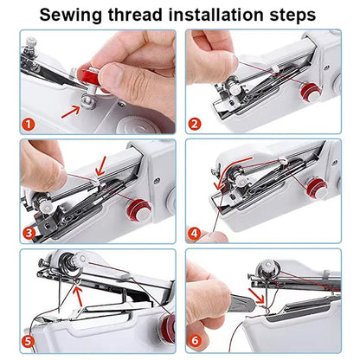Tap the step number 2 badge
(196, 123)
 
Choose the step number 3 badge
(29, 233)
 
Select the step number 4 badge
(196, 233)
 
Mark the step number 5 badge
(29, 342)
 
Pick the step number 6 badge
(196, 342)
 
